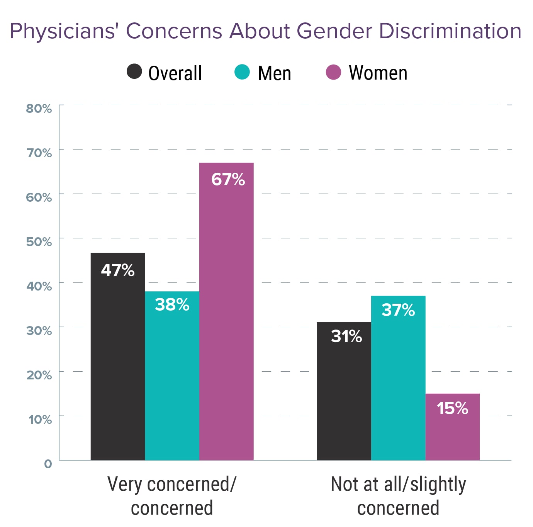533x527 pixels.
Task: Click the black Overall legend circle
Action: click(x=134, y=71)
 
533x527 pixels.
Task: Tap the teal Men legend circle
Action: click(x=242, y=72)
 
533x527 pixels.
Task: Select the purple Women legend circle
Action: click(x=333, y=72)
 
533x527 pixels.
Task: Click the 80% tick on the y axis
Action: click(x=39, y=109)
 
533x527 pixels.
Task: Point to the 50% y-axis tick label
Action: click(x=39, y=242)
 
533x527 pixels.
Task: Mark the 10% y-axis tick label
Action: click(x=40, y=420)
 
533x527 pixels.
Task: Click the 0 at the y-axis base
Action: click(x=48, y=464)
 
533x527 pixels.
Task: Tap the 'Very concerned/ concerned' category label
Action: click(x=172, y=496)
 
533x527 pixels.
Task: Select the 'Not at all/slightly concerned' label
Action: click(x=398, y=496)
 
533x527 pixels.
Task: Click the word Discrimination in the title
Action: click(x=450, y=31)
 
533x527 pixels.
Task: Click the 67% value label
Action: click(x=228, y=179)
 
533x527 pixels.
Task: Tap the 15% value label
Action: click(x=452, y=408)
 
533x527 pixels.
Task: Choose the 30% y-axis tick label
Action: click(x=39, y=331)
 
